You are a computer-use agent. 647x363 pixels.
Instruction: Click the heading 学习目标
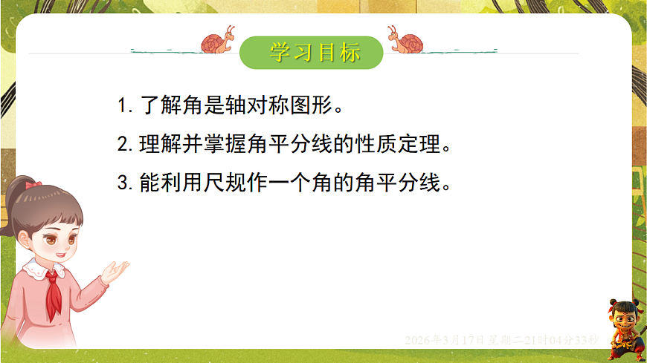tap(315, 53)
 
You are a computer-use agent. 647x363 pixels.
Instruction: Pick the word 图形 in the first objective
tap(303, 105)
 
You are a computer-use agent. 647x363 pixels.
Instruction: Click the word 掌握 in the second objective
tap(221, 144)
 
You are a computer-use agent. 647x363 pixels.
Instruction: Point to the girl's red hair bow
tap(31, 183)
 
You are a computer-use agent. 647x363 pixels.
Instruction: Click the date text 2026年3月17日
tap(444, 340)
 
